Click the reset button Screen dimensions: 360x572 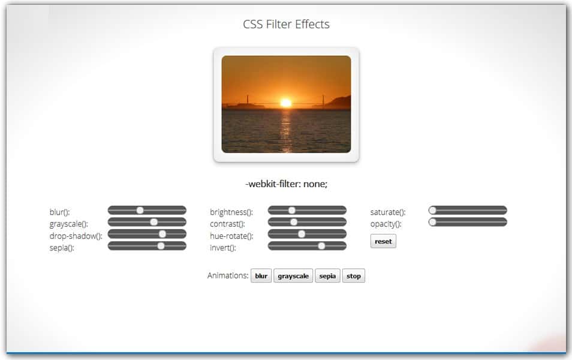(383, 241)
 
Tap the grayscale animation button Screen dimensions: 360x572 (293, 276)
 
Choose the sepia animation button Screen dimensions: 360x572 (327, 276)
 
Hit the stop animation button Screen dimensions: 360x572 (354, 276)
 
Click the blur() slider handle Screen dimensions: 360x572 (140, 211)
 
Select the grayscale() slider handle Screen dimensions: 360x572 (154, 222)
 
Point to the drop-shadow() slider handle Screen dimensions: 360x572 (162, 234)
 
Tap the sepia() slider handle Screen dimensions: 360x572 (161, 245)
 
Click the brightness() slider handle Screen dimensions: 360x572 (292, 211)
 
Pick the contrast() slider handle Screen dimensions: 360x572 (294, 222)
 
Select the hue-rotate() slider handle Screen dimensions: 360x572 (302, 234)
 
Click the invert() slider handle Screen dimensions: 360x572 (321, 245)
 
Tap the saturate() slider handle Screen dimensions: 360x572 (433, 211)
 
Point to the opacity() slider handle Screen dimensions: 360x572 (433, 222)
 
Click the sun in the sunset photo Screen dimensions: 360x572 (286, 103)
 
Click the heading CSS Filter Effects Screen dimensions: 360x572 (286, 25)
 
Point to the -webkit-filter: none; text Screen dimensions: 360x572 (286, 184)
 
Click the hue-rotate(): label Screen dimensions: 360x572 (231, 236)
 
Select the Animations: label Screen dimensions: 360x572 (228, 276)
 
